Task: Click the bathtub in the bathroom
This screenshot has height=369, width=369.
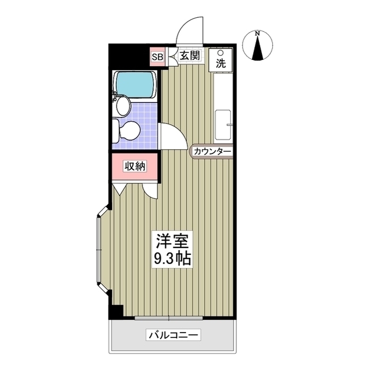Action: point(136,85)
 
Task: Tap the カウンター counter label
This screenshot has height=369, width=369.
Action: point(212,152)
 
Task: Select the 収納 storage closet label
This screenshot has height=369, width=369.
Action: point(135,166)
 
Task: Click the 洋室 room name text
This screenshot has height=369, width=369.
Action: point(171,240)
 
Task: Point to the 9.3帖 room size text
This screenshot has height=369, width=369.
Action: point(172,258)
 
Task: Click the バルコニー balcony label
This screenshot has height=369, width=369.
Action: point(173,335)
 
